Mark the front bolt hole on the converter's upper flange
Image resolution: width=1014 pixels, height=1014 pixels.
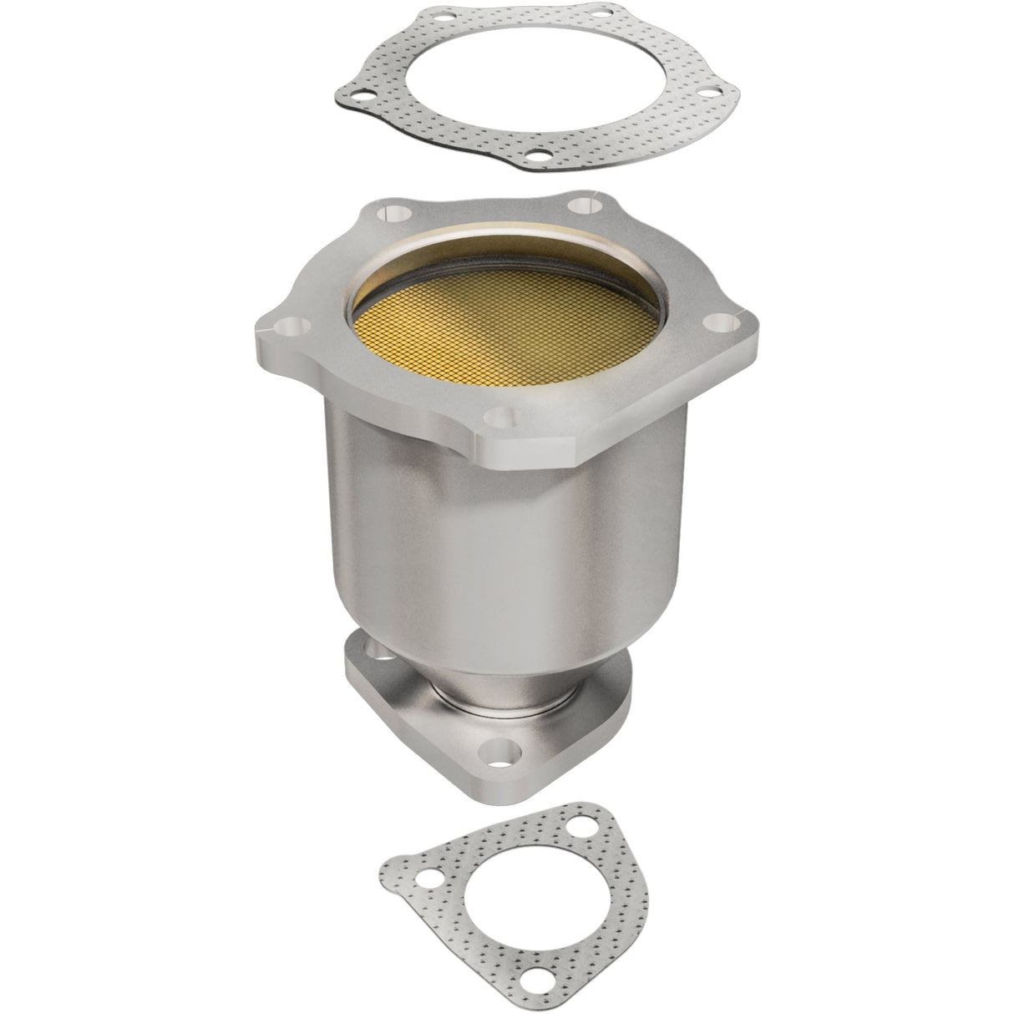click(503, 411)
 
